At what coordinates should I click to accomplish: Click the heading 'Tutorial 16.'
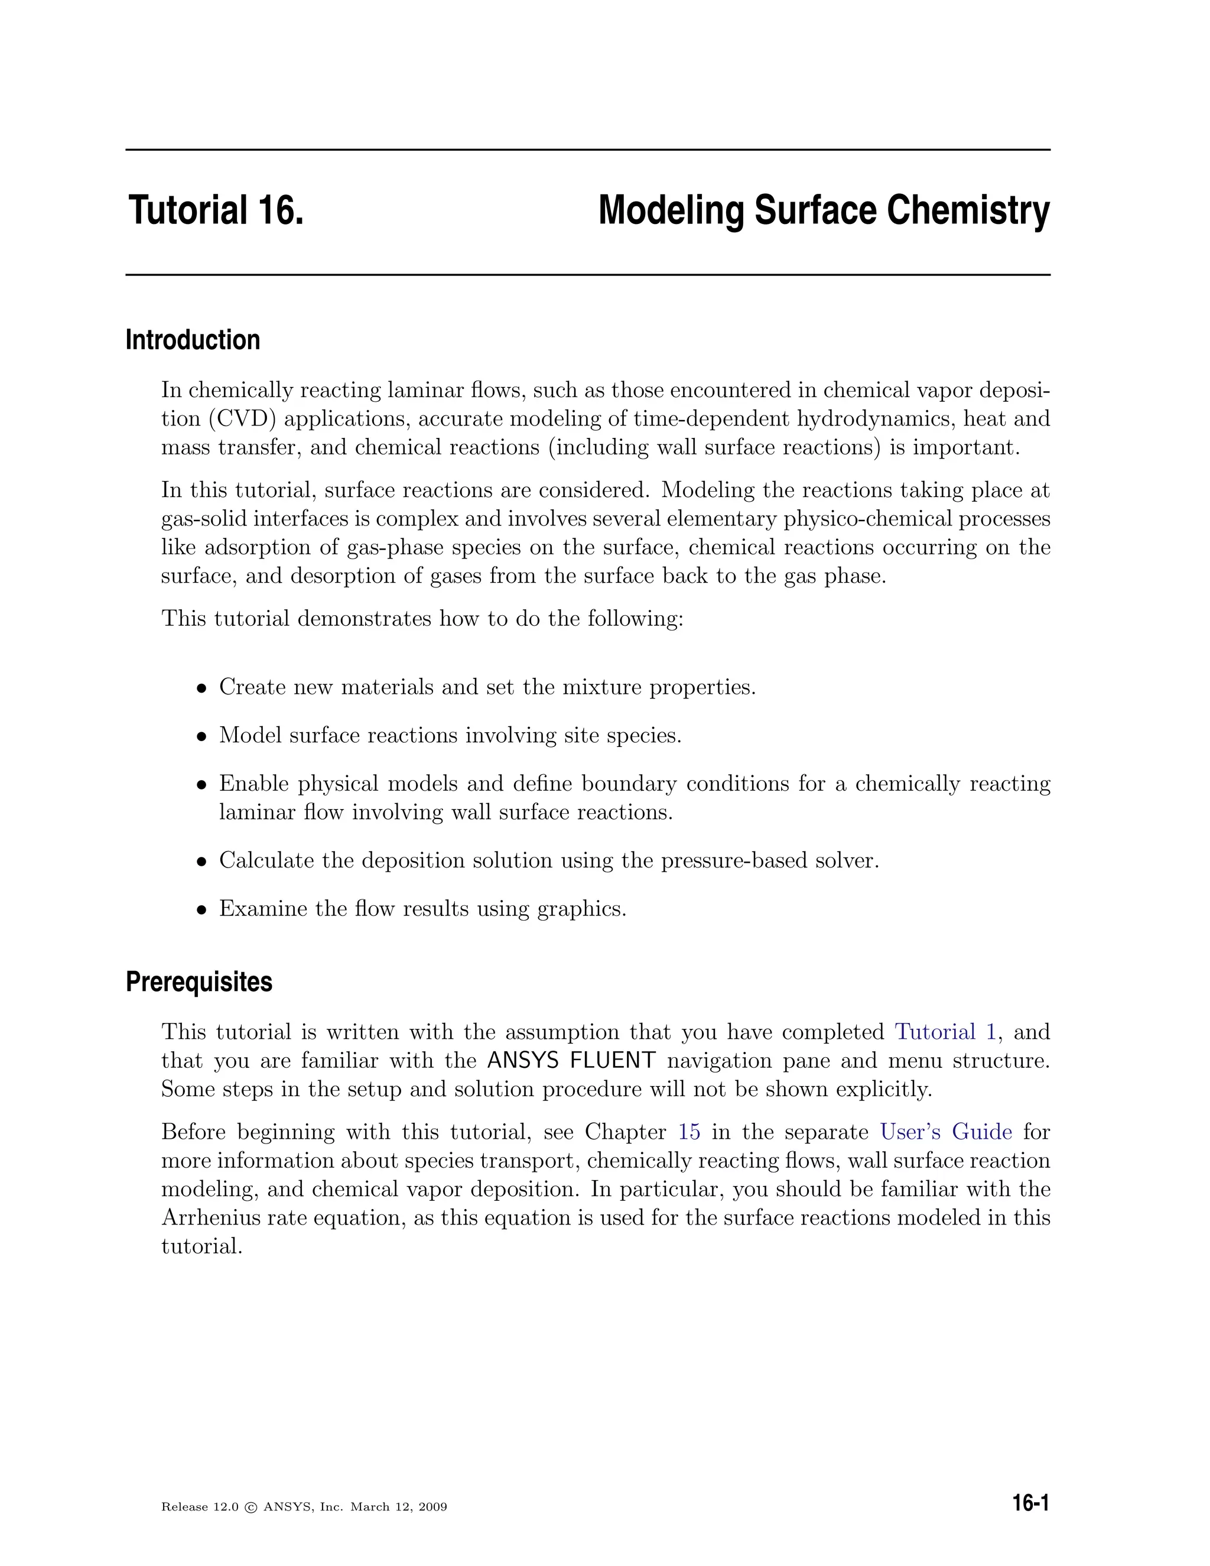pyautogui.click(x=216, y=211)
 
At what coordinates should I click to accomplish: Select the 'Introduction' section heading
pyautogui.click(x=192, y=340)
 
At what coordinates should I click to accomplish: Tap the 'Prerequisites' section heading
pyautogui.click(x=199, y=982)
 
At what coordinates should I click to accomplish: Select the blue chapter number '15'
pyautogui.click(x=689, y=1132)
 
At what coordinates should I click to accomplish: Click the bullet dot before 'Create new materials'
pyautogui.click(x=203, y=688)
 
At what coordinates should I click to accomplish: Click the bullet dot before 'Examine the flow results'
pyautogui.click(x=203, y=909)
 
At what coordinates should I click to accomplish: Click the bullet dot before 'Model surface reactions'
pyautogui.click(x=203, y=736)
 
